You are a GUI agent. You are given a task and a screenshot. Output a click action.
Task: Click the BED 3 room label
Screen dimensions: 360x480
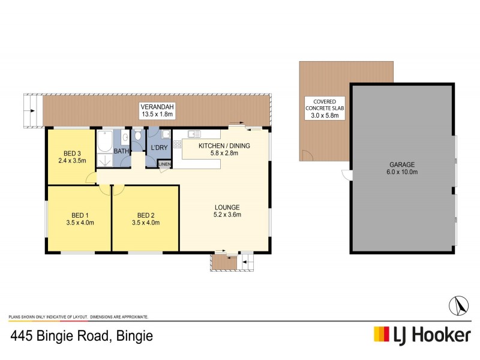(x=71, y=152)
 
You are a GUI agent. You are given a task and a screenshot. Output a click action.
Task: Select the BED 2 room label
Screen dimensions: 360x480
(x=146, y=215)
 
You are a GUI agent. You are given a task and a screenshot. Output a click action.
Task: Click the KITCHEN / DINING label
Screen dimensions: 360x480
(x=224, y=146)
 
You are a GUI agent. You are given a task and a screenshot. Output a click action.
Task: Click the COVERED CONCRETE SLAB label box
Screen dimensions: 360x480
(x=324, y=109)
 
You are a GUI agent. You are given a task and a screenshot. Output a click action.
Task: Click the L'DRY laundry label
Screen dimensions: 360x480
(x=159, y=147)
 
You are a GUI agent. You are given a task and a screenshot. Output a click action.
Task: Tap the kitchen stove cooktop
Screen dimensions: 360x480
(x=177, y=144)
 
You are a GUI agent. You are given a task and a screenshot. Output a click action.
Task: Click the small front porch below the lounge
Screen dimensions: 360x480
(x=224, y=262)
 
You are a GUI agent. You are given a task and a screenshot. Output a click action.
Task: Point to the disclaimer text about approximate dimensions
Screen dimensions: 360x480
(x=78, y=316)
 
